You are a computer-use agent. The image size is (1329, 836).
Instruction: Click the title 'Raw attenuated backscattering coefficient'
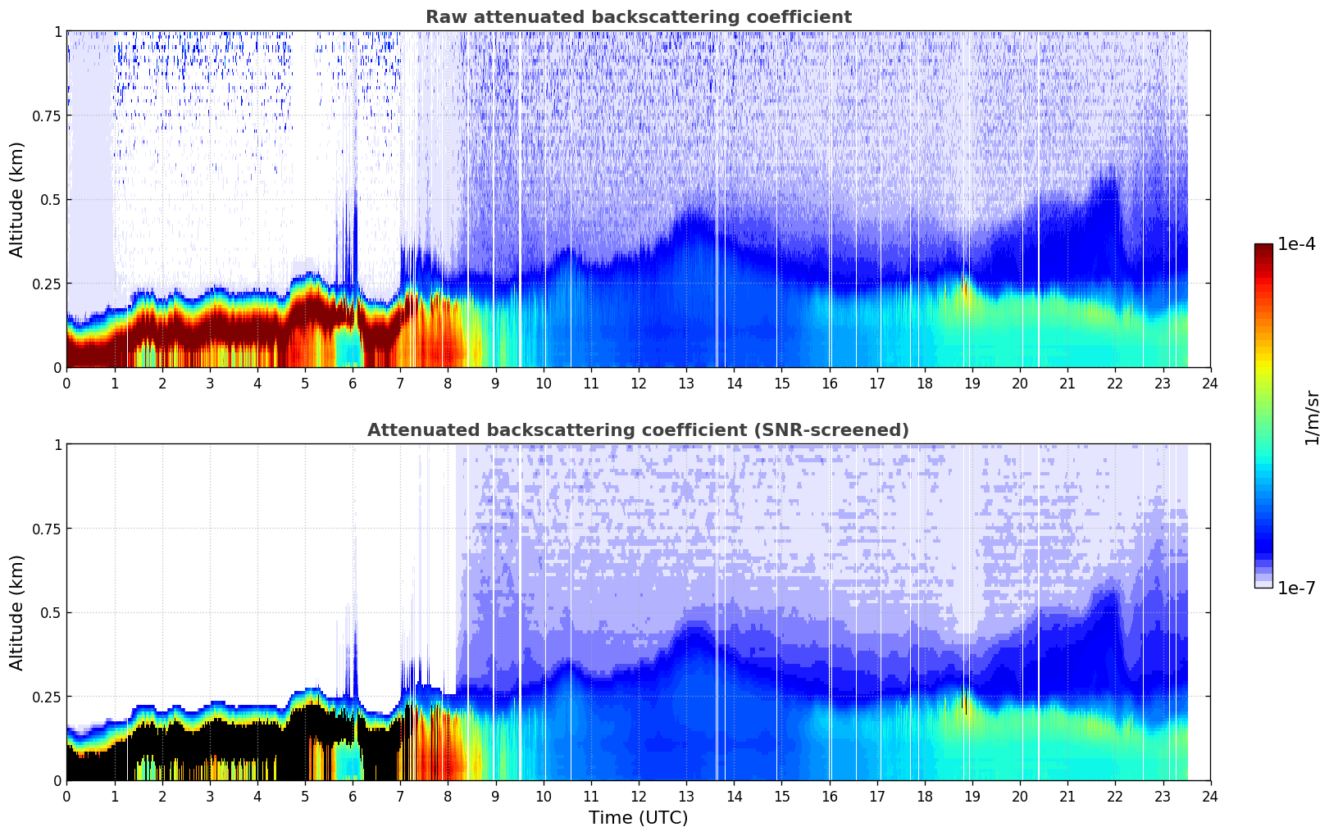pyautogui.click(x=638, y=17)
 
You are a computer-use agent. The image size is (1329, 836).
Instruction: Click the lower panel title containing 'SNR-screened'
pyautogui.click(x=638, y=430)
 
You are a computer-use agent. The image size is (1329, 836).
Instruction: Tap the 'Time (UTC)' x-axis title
pyautogui.click(x=638, y=818)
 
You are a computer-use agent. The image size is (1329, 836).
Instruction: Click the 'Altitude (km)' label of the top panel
pyautogui.click(x=16, y=199)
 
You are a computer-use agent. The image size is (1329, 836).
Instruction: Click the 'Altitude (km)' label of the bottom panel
pyautogui.click(x=16, y=612)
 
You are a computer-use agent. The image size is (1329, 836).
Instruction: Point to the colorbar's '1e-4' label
pyautogui.click(x=1296, y=244)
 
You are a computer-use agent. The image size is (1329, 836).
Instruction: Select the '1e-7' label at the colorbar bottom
pyautogui.click(x=1296, y=588)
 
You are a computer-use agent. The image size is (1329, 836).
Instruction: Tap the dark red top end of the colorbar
pyautogui.click(x=1263, y=248)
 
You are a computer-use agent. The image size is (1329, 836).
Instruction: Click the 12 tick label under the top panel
pyautogui.click(x=639, y=383)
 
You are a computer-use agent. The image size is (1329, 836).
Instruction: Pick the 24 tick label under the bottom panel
pyautogui.click(x=1210, y=796)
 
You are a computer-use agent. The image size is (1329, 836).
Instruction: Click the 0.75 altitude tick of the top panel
pyautogui.click(x=47, y=116)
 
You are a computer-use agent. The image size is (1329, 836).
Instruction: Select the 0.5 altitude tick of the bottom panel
pyautogui.click(x=51, y=612)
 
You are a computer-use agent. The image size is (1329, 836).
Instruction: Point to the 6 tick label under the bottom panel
pyautogui.click(x=353, y=796)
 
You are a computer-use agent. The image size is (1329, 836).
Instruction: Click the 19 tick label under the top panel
pyautogui.click(x=972, y=383)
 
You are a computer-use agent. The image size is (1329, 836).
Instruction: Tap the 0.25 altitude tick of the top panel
pyautogui.click(x=47, y=284)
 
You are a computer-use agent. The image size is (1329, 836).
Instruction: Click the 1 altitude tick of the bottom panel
pyautogui.click(x=57, y=444)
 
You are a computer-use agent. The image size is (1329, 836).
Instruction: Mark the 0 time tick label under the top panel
pyautogui.click(x=66, y=383)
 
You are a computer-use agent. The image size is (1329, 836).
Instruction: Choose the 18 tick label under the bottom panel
pyautogui.click(x=924, y=796)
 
